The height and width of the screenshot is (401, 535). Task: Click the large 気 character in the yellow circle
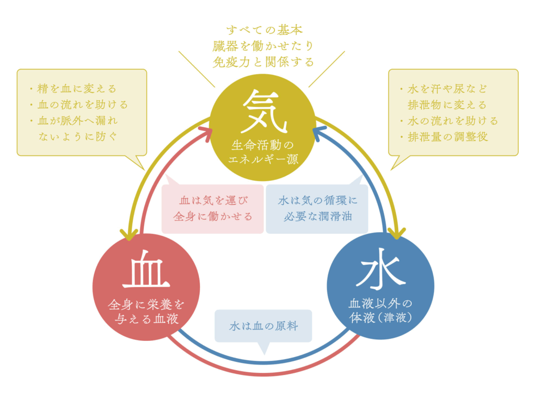[263, 111]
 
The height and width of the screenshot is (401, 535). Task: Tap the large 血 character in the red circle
[146, 269]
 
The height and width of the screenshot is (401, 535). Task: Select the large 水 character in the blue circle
[380, 269]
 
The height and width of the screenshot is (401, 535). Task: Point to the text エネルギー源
[263, 159]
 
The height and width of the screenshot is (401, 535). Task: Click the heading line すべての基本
[264, 30]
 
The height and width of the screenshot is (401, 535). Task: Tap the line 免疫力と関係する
[263, 62]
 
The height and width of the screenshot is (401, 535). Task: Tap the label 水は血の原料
[263, 326]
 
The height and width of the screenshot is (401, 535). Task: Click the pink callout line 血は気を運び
[214, 200]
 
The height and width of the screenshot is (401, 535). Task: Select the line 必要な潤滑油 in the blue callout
[318, 217]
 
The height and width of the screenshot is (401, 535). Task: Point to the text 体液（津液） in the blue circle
[380, 318]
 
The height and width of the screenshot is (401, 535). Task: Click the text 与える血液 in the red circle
[147, 319]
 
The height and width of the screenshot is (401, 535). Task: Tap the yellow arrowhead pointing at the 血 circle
[129, 235]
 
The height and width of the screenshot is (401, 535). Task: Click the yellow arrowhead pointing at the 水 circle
[397, 233]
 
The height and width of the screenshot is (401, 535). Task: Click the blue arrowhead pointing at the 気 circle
[320, 133]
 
